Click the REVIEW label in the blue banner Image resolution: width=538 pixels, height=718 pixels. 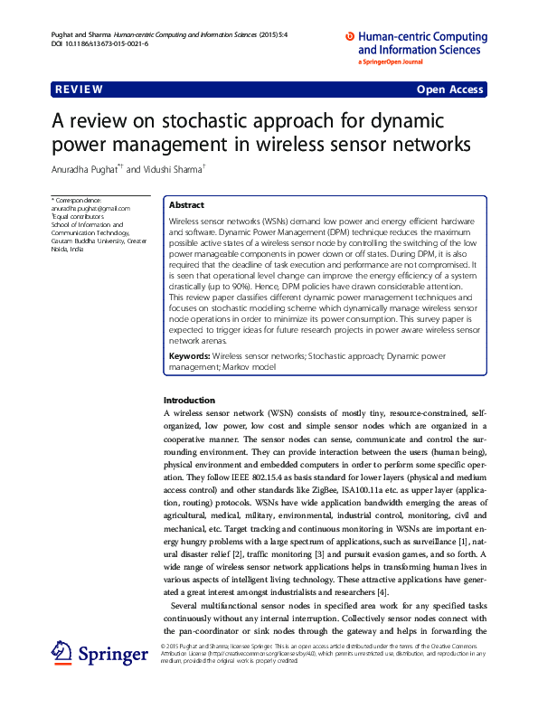(x=79, y=90)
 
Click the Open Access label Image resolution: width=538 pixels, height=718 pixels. (x=449, y=90)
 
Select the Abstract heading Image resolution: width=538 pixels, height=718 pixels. (x=186, y=205)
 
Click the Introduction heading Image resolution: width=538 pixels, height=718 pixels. (x=189, y=400)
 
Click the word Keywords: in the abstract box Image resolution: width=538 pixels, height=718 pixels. (x=189, y=357)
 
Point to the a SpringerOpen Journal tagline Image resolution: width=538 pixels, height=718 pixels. (x=392, y=62)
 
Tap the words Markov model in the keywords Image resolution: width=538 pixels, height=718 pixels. (x=245, y=367)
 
